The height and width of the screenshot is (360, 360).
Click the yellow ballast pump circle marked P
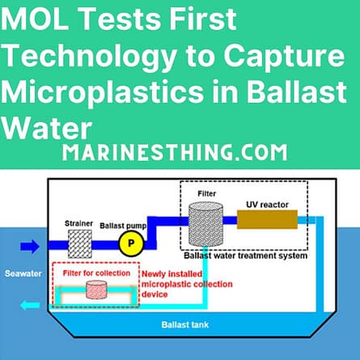point(131,244)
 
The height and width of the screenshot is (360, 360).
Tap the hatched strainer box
point(80,244)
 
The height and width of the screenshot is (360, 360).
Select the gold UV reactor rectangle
point(267,219)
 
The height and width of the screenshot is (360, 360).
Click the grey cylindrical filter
point(205,224)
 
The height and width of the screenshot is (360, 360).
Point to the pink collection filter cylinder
point(96,290)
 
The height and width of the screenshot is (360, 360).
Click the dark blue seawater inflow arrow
point(30,247)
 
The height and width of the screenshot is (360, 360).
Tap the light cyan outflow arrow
point(30,305)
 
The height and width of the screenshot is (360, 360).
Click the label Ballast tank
point(185,324)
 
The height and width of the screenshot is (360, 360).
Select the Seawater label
point(23,273)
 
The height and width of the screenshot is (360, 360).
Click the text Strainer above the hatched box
point(78,223)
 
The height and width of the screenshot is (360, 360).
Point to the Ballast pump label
point(123,226)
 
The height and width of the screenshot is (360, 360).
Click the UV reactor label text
point(267,205)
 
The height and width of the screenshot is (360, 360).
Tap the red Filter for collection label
point(96,273)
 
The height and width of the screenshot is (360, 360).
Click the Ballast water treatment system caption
point(245,256)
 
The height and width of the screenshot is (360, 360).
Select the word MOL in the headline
point(35,19)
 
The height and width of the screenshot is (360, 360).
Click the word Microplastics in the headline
point(102,91)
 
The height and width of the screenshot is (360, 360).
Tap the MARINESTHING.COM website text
point(175,153)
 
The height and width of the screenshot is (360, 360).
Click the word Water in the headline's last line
point(47,128)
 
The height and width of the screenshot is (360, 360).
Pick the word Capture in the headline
point(285,57)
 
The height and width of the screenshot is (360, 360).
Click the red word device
point(155,294)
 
